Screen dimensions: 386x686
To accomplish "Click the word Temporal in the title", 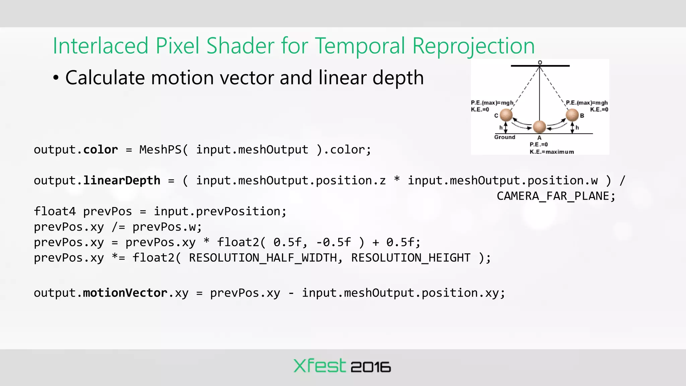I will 360,46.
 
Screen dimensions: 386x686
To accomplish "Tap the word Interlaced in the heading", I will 100,46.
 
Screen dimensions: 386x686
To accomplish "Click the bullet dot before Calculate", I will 56,78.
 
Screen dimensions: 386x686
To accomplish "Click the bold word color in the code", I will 100,150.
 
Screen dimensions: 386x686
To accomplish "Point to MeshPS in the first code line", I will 160,150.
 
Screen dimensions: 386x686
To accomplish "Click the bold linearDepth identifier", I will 122,181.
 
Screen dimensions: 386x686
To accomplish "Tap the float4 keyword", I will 55,211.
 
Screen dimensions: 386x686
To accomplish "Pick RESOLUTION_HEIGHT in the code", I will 411,258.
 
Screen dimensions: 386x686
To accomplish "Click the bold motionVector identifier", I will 125,293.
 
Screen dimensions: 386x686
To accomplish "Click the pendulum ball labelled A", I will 539,127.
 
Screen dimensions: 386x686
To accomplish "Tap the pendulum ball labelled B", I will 572,115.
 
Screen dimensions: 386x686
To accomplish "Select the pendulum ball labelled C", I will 506,115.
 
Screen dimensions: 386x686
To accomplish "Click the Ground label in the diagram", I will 504,137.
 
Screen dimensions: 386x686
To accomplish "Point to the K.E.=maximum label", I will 552,152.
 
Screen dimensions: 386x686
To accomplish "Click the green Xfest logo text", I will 319,366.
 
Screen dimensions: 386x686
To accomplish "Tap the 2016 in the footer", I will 370,367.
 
